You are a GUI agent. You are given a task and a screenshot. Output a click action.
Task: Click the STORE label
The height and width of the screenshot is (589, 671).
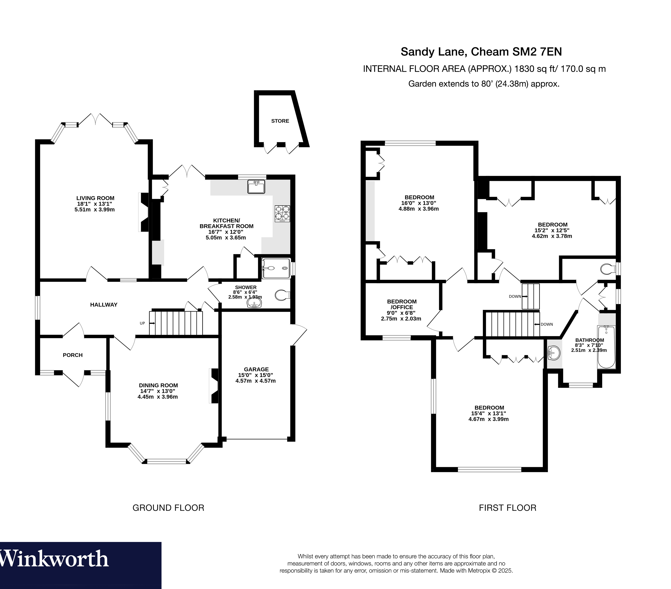click(x=280, y=121)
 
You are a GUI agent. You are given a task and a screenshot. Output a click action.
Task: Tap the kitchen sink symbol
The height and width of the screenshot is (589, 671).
click(x=256, y=187)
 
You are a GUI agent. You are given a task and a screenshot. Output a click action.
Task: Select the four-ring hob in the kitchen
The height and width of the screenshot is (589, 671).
click(x=282, y=213)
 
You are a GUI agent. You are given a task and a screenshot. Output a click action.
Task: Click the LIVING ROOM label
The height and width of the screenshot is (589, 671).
click(x=95, y=198)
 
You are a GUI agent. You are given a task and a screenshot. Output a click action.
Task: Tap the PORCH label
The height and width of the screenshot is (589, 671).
click(x=73, y=355)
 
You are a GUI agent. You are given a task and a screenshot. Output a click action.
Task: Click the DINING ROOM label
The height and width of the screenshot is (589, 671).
click(x=158, y=385)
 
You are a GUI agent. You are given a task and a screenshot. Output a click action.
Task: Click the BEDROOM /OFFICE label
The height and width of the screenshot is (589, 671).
click(x=402, y=304)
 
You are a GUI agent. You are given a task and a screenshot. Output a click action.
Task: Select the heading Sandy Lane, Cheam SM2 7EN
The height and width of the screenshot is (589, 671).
click(x=481, y=52)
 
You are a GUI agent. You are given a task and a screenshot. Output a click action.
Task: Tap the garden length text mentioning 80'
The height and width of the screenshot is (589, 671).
click(x=484, y=84)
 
